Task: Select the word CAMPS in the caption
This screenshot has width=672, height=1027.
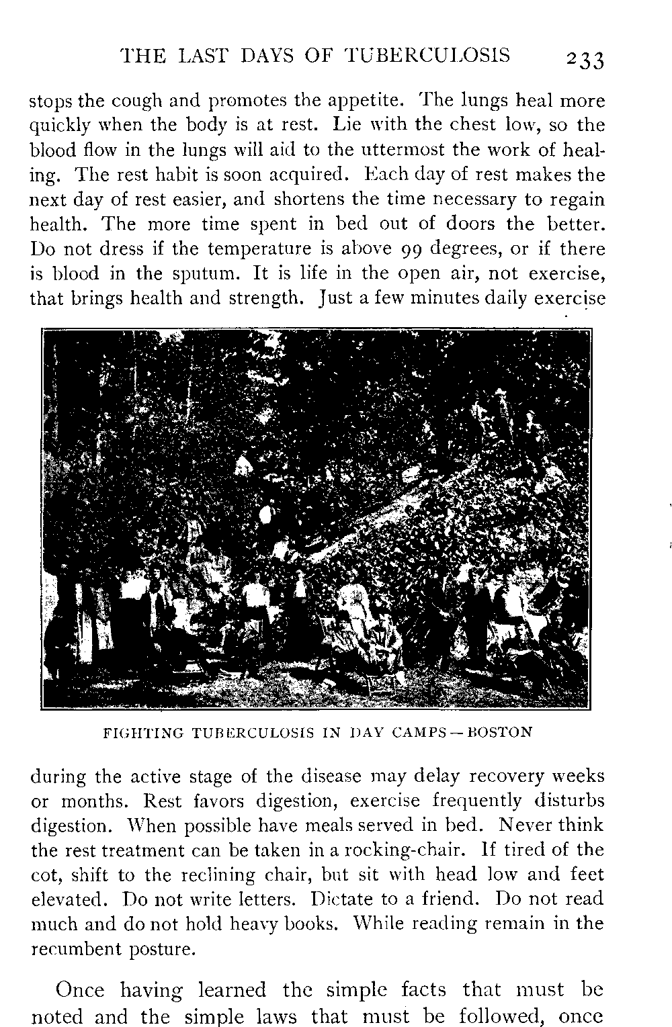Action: pos(416,731)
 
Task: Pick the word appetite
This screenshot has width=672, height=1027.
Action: pos(363,101)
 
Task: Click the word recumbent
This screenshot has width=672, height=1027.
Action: pos(74,948)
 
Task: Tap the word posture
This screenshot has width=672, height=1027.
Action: pos(161,948)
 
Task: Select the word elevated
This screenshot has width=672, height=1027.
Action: pos(69,899)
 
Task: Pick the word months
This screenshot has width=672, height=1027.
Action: pos(94,801)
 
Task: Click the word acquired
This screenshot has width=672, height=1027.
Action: pos(306,175)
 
